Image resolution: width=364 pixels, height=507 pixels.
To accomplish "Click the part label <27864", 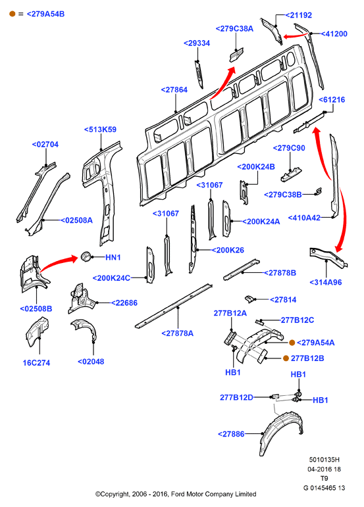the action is point(174,89).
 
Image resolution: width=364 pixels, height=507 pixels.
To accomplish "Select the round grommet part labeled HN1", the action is point(86,256).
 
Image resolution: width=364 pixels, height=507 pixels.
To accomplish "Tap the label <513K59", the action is point(100,130).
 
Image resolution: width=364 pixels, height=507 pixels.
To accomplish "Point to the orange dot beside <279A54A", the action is point(292,343).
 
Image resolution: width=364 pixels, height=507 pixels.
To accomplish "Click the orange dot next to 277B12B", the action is point(286,358).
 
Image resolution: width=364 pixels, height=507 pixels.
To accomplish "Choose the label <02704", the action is point(45,144).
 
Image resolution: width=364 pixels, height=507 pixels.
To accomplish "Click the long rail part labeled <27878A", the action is point(174,306).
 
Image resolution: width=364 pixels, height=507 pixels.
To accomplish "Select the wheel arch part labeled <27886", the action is point(282,431).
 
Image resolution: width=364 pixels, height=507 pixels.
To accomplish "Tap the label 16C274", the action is point(36,363).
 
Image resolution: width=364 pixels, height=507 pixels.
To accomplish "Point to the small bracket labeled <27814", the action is point(249,299).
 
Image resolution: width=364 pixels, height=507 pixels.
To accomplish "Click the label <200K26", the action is point(228,250).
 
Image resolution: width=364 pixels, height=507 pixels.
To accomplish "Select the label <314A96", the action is point(326,282).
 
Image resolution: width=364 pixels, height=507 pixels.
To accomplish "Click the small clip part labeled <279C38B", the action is point(319,191).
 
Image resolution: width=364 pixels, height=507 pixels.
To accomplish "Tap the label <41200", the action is point(334,34).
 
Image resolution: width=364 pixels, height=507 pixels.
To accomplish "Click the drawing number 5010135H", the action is point(325,460).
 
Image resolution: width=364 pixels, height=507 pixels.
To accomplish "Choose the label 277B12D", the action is point(236,397).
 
